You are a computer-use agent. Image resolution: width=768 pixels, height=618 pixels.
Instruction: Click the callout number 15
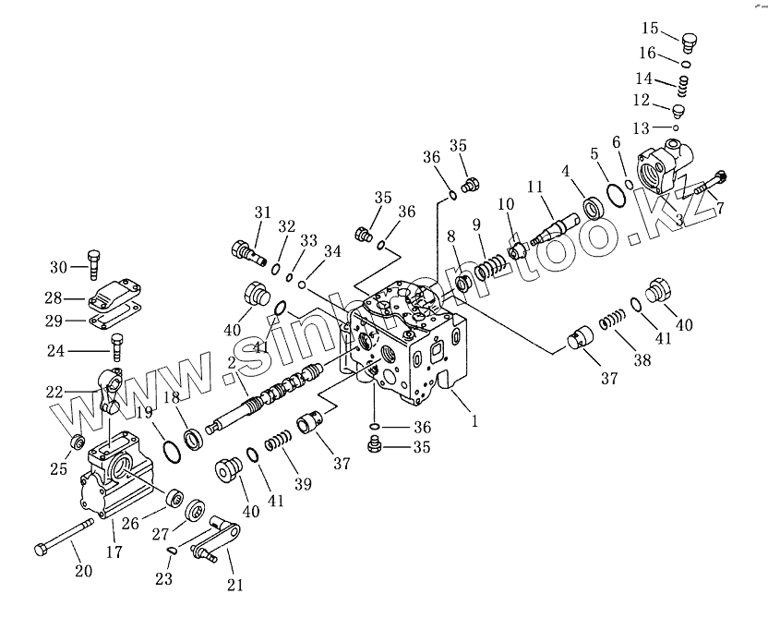click(650, 28)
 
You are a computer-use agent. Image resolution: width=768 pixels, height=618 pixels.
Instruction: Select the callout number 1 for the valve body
click(474, 421)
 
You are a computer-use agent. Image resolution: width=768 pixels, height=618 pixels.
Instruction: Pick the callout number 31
click(263, 213)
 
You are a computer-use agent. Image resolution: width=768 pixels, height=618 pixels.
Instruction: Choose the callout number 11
click(534, 188)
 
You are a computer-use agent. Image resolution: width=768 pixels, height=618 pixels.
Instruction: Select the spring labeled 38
click(610, 322)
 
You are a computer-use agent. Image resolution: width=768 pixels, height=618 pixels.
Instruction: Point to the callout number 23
click(164, 579)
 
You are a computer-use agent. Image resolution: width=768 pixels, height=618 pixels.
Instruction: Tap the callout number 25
click(59, 469)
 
